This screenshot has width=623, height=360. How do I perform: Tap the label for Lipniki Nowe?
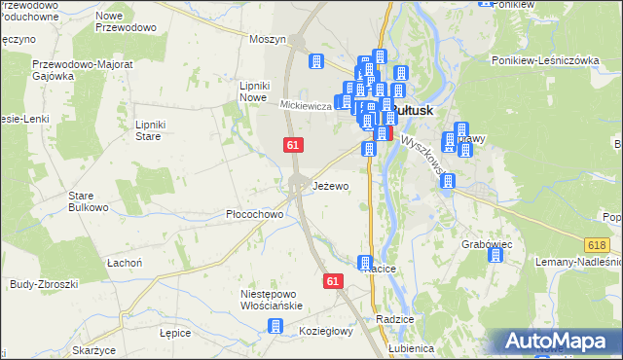[x=253, y=91]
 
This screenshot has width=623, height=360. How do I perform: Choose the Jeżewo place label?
[x=330, y=186]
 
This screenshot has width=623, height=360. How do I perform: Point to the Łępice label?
[x=175, y=332]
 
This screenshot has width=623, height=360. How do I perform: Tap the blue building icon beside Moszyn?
[x=315, y=61]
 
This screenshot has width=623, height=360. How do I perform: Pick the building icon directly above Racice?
[x=365, y=263]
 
